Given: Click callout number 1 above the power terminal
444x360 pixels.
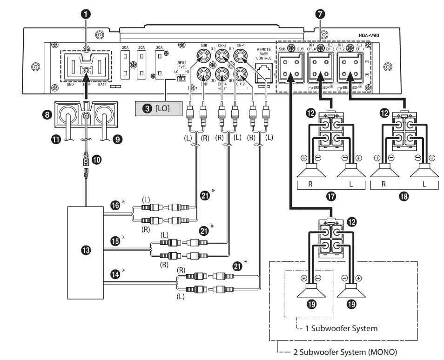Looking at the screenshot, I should pos(85,14).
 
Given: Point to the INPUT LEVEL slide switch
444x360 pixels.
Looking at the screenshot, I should pos(181,79).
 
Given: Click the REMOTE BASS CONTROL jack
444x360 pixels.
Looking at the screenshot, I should pos(263,71).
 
